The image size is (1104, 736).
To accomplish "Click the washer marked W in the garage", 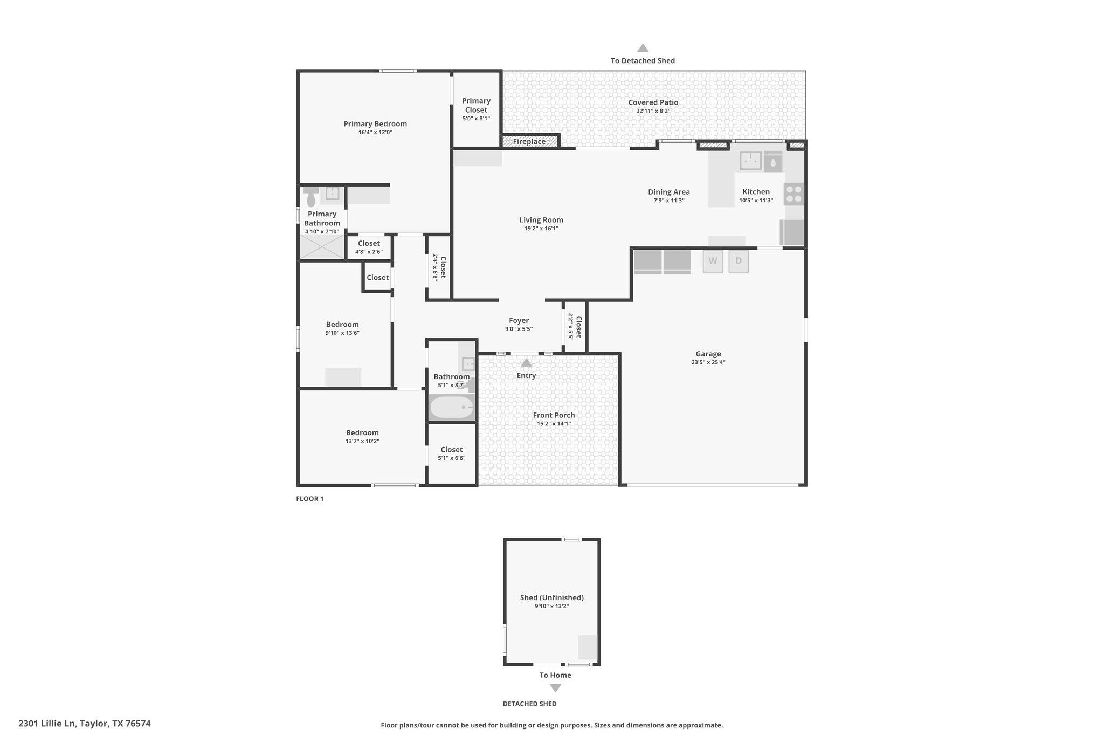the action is tap(713, 261).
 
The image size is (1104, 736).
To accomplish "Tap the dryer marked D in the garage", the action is tap(739, 261).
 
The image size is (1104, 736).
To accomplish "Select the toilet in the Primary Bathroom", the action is tap(310, 197).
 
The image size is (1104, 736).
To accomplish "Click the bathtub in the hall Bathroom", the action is tap(452, 408).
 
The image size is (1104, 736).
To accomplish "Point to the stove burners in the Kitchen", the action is tap(793, 194).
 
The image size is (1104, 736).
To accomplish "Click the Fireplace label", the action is tap(529, 141).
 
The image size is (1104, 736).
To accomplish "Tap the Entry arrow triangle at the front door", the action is tap(526, 362).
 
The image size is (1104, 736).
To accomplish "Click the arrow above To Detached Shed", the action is tap(643, 48).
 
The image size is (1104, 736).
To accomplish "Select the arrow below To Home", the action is tap(555, 688).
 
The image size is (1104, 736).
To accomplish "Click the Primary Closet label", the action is tap(476, 105).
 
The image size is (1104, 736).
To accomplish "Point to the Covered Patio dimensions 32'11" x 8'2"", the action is tap(653, 111).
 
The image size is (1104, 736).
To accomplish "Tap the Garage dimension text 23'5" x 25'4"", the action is tap(708, 362).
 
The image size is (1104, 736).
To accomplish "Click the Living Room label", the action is tap(541, 219).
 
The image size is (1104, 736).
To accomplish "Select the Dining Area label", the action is tap(669, 192).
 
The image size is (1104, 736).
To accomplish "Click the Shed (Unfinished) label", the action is tap(552, 597).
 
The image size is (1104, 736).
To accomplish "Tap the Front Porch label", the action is tap(554, 415).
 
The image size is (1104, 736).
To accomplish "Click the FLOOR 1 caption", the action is tap(310, 499).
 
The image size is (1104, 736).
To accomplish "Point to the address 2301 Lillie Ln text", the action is tap(48, 724).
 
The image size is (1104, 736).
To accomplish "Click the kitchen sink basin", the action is tap(750, 160).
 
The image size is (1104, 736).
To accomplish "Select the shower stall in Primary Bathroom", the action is tap(322, 247).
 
